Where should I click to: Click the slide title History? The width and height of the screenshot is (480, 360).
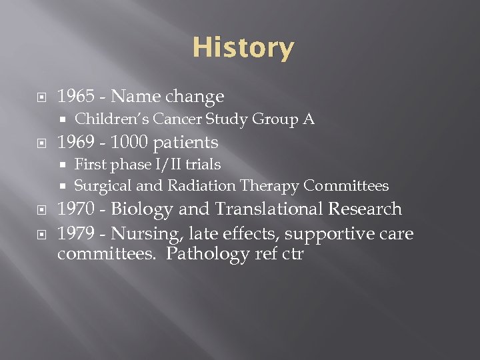point(243,48)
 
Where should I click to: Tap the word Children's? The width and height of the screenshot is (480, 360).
point(112,119)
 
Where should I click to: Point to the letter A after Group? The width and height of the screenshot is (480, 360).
point(309,119)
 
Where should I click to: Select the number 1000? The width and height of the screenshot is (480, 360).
point(130,142)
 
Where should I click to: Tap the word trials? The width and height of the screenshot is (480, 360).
point(203,164)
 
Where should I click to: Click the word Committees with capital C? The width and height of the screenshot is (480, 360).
point(346,186)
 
